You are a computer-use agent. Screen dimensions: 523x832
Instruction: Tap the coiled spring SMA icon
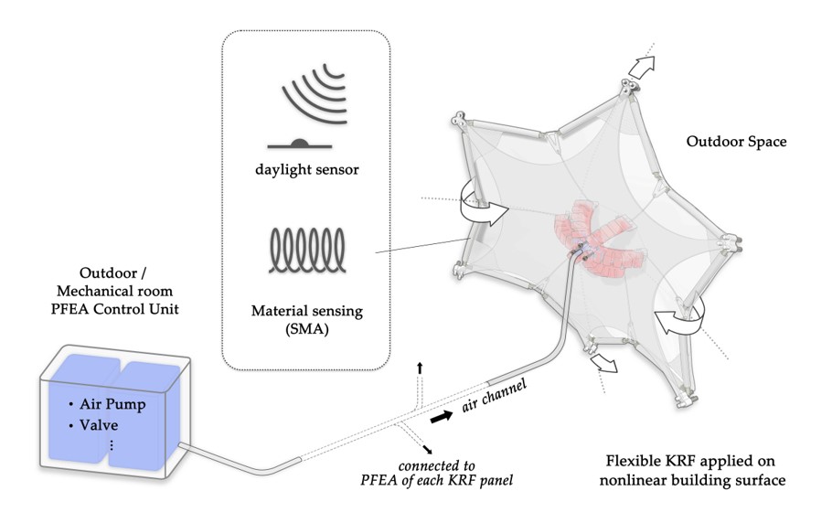tap(307, 249)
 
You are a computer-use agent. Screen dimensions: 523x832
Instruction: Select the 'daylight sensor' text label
tap(307, 170)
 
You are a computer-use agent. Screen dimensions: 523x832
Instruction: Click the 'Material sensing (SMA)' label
tap(307, 320)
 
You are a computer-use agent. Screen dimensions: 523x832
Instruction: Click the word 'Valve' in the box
tap(97, 425)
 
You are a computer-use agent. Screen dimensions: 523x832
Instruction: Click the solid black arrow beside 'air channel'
tap(441, 417)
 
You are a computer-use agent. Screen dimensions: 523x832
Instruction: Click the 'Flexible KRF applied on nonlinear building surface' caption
tap(700, 470)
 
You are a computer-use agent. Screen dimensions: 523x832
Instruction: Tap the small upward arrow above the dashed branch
tap(419, 366)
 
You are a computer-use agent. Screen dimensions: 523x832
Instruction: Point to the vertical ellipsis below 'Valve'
tap(111, 445)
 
